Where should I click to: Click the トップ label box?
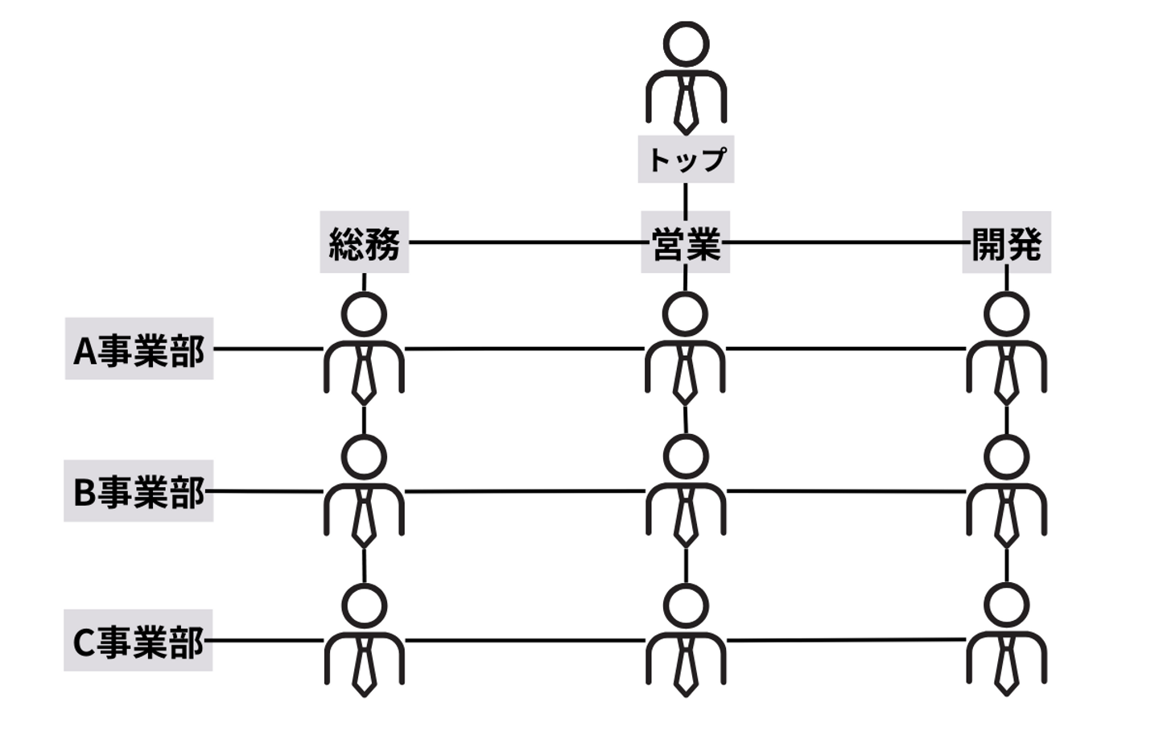(686, 159)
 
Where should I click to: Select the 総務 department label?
(364, 242)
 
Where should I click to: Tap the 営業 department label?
(685, 242)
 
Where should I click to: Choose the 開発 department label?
(1006, 242)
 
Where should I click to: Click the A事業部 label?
(139, 349)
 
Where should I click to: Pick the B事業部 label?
(138, 491)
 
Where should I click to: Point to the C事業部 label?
(138, 640)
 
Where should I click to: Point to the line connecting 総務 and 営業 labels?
(523, 242)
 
